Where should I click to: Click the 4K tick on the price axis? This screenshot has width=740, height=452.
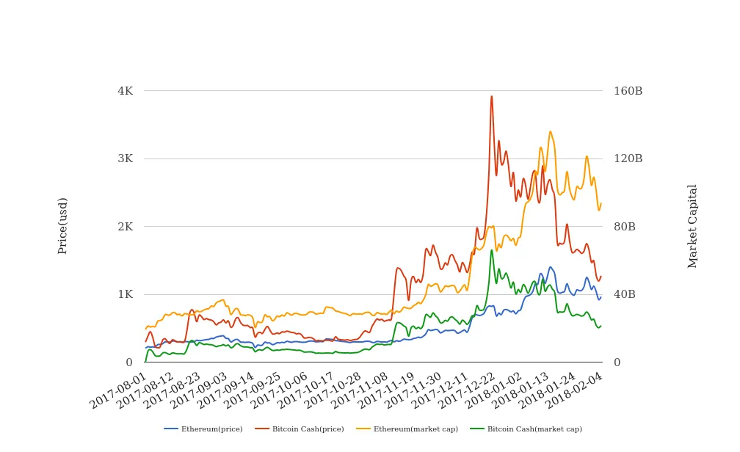click(125, 91)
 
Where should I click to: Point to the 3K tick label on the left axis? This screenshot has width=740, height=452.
click(125, 158)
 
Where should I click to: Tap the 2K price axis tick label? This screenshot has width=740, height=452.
click(125, 227)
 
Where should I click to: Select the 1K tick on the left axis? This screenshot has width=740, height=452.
click(125, 294)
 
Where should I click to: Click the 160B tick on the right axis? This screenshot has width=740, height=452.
click(628, 91)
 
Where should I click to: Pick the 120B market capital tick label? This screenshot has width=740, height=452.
click(628, 158)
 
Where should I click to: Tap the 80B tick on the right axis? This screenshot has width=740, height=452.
click(625, 227)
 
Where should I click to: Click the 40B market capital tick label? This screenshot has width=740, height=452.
click(625, 294)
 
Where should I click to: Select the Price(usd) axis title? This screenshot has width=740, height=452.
click(63, 226)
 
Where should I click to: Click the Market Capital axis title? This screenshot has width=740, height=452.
click(693, 226)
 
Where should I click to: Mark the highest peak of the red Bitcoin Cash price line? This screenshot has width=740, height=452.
click(491, 97)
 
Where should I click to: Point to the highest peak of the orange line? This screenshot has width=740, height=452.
click(550, 132)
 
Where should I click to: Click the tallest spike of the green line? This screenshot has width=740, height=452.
click(492, 250)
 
